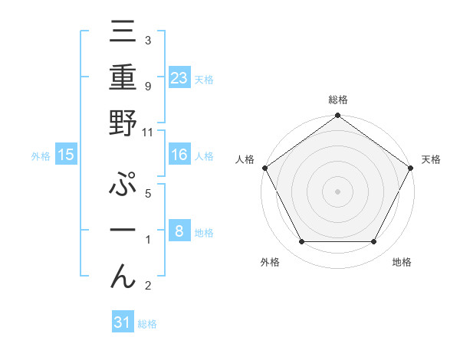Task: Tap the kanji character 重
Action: pyautogui.click(x=123, y=78)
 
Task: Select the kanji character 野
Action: pyautogui.click(x=123, y=123)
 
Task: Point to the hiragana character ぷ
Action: pyautogui.click(x=123, y=186)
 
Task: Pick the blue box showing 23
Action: pyautogui.click(x=179, y=77)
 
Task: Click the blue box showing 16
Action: pyautogui.click(x=179, y=155)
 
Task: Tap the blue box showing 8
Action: pyautogui.click(x=179, y=231)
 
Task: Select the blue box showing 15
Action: pyautogui.click(x=66, y=155)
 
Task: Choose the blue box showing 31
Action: pyautogui.click(x=123, y=322)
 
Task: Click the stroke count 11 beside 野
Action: pyautogui.click(x=148, y=132)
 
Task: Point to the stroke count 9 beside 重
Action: pyautogui.click(x=147, y=86)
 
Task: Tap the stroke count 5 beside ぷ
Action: pyautogui.click(x=147, y=194)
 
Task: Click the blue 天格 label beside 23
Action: pyautogui.click(x=204, y=79)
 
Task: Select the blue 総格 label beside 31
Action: pyautogui.click(x=147, y=324)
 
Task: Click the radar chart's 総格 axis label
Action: pyautogui.click(x=337, y=100)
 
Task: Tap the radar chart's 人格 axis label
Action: pyautogui.click(x=245, y=159)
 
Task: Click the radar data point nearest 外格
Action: pyautogui.click(x=301, y=242)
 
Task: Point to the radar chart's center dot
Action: pyautogui.click(x=337, y=191)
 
